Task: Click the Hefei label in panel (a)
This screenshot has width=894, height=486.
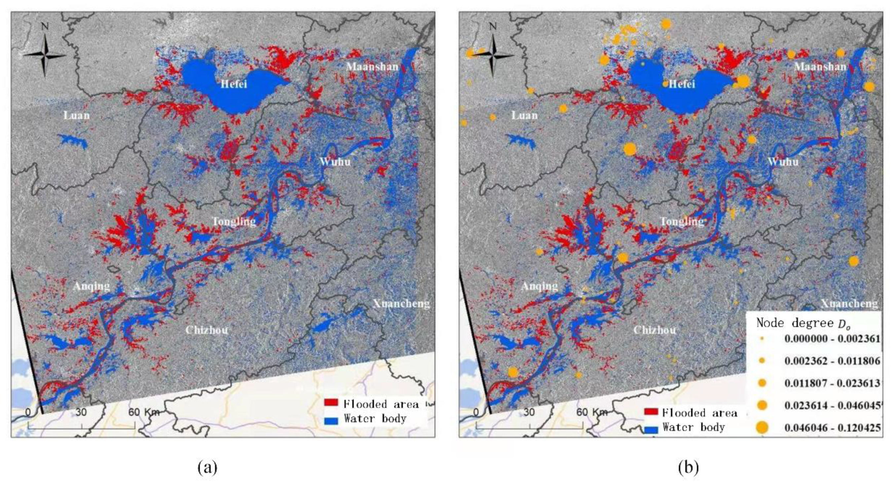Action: pos(234,84)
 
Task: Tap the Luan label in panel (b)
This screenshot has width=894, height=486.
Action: pos(524,115)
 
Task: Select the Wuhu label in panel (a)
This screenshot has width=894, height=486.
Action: pos(335,162)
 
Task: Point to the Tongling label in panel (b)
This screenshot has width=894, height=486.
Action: pos(682,221)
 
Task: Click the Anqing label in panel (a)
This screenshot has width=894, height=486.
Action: pos(92,286)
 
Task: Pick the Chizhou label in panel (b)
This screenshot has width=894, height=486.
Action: pos(654,330)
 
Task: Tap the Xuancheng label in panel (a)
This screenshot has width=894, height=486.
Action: pos(401,304)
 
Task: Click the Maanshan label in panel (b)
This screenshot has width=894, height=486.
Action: pos(820,67)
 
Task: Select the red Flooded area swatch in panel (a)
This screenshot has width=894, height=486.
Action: pos(331,403)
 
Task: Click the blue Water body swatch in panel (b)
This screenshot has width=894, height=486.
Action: pos(651,430)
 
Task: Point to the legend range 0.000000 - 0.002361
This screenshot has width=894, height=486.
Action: pos(832,339)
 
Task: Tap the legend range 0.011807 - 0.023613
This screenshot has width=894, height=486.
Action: pos(832,383)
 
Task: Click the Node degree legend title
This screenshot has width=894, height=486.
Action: pos(803,323)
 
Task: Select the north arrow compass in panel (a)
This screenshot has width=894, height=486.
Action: pos(44,55)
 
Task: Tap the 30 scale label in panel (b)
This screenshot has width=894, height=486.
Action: pos(529,412)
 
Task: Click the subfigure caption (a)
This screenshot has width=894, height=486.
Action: pos(207,467)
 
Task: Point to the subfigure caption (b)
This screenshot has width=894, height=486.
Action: pos(688,467)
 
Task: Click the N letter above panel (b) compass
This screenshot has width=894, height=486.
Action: pos(493,26)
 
